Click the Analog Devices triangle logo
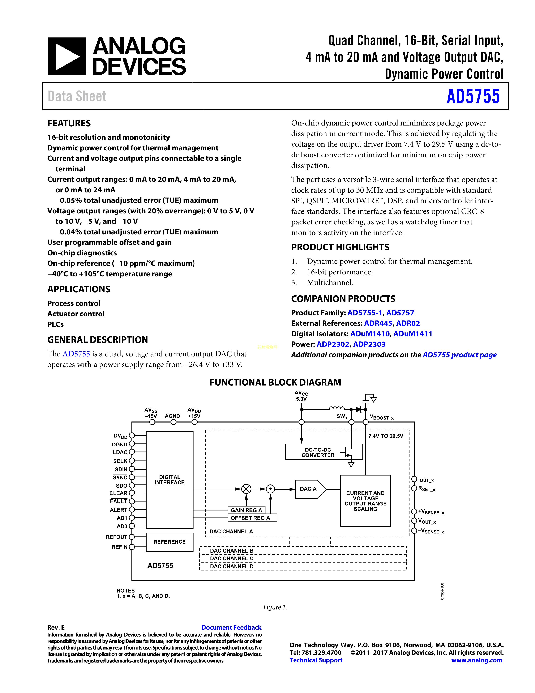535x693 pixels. point(67,56)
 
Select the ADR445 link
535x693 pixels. point(378,323)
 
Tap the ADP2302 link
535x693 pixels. point(333,344)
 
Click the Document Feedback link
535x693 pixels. point(231,627)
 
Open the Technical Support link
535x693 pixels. point(316,660)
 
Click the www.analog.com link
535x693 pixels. point(477,660)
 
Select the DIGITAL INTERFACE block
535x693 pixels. point(170,480)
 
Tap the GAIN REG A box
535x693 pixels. point(246,510)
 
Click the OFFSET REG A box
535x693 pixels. point(252,518)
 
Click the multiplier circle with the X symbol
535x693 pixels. point(246,489)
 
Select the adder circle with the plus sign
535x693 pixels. point(270,489)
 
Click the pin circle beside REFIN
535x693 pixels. point(132,547)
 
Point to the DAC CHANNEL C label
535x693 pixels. point(232,558)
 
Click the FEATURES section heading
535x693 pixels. point(69,123)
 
